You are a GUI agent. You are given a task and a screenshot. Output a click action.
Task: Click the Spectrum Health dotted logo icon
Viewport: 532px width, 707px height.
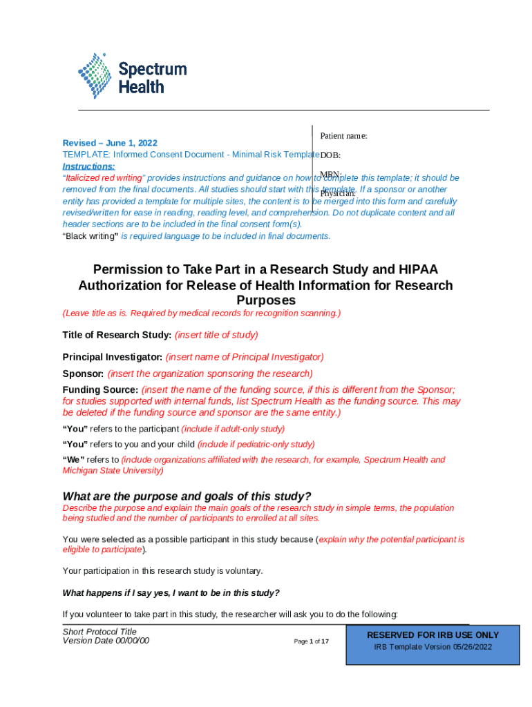point(95,76)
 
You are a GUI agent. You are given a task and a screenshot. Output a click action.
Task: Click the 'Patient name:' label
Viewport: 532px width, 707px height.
point(343,136)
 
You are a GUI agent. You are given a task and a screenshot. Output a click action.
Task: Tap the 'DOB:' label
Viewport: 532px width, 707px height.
point(330,155)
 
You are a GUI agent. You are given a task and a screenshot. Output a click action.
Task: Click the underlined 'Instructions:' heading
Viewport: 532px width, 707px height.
point(89,166)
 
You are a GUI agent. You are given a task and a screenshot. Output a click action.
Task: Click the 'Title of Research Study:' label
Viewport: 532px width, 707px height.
point(117,335)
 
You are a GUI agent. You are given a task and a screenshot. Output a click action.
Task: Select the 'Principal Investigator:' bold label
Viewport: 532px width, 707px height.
point(113,357)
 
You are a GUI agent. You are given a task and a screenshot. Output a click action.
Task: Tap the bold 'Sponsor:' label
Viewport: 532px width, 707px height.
point(84,374)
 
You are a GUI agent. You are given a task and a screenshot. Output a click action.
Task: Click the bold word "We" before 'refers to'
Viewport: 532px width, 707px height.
point(73,460)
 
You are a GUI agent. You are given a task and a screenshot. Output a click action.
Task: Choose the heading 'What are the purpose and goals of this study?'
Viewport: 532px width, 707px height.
point(187,496)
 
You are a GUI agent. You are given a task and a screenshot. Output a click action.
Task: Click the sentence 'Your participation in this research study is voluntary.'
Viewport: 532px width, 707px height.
point(162,571)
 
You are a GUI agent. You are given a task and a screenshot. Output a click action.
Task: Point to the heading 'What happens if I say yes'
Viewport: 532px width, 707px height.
point(171,592)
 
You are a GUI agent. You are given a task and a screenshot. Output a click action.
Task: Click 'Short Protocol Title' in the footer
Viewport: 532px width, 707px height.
point(99,632)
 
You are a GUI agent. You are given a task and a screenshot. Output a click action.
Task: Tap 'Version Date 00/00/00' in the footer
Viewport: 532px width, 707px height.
point(106,641)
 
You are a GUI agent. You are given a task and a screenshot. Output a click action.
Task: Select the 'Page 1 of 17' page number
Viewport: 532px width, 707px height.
point(311,641)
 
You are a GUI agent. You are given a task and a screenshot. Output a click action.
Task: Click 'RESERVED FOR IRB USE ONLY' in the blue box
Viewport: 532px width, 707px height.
point(433,635)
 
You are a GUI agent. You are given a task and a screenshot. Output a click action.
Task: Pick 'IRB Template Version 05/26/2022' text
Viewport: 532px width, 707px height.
point(433,647)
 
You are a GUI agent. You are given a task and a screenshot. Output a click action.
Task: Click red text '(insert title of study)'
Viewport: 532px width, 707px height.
point(216,335)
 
